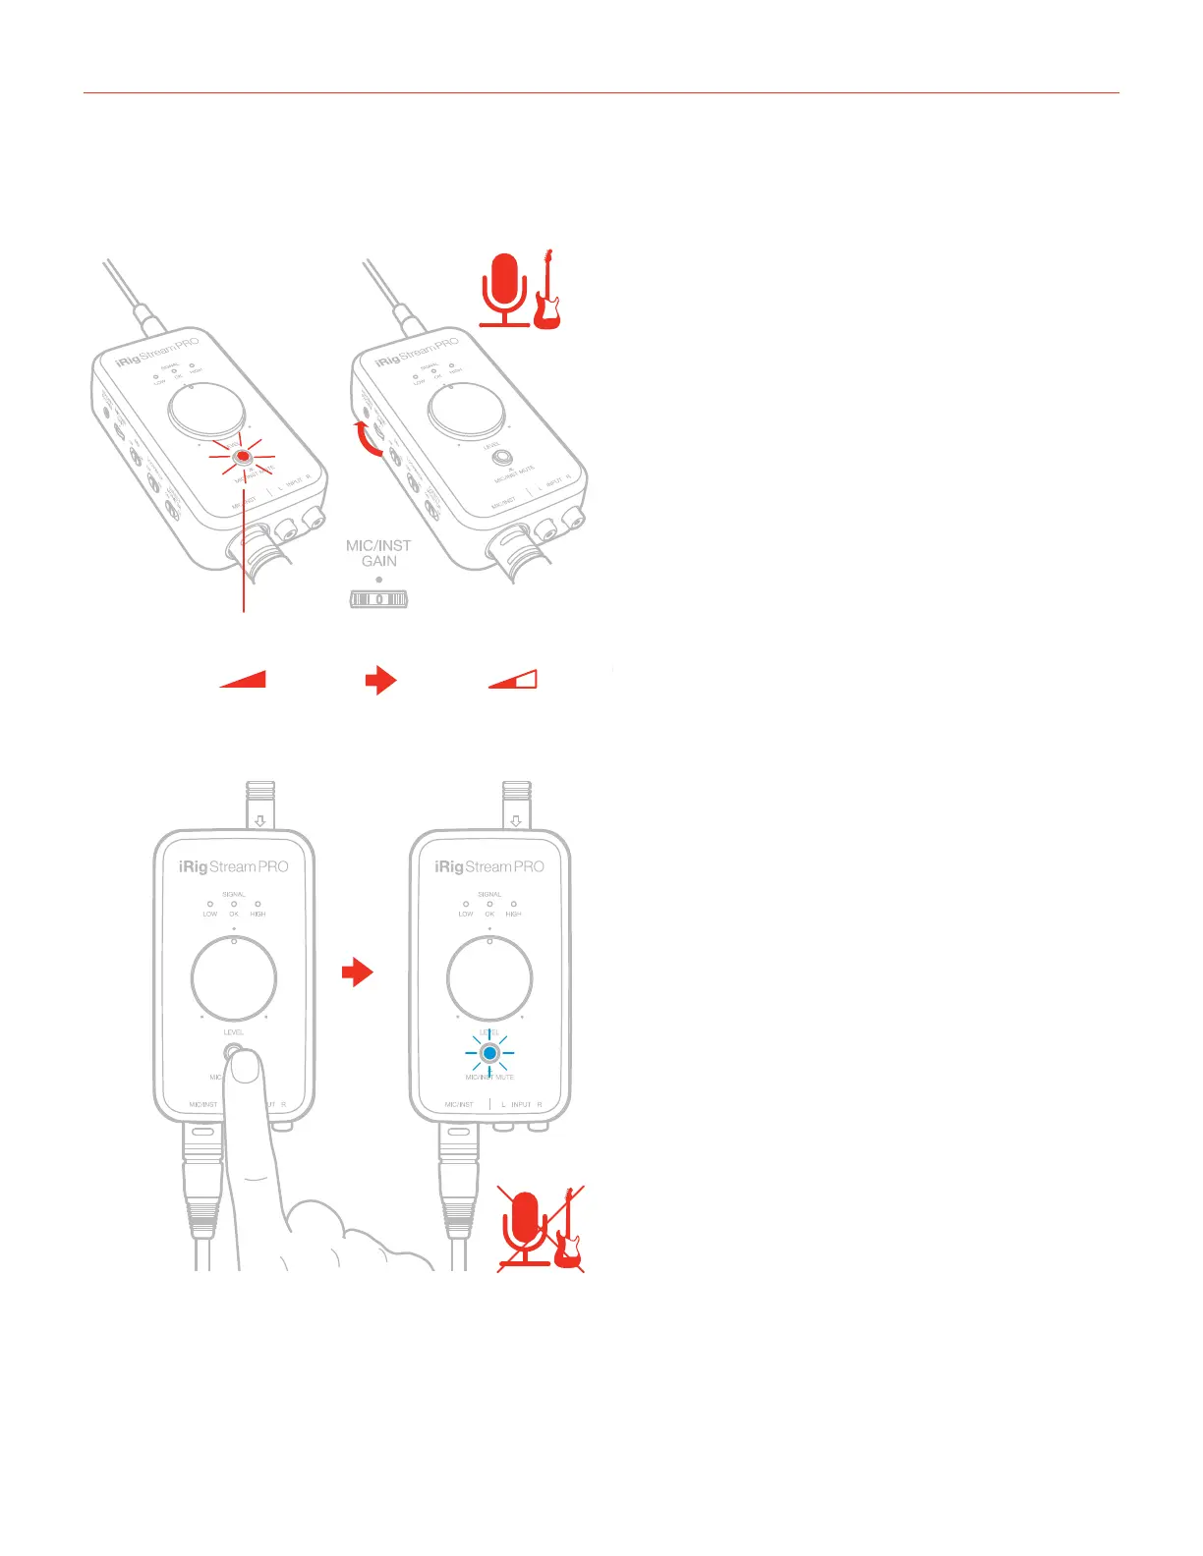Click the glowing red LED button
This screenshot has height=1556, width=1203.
[x=242, y=458]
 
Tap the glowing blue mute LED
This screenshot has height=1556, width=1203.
[x=489, y=1053]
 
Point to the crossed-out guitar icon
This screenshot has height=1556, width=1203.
[x=569, y=1242]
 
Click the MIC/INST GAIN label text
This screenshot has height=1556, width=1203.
[x=378, y=553]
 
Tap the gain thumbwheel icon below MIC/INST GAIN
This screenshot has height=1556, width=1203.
[x=379, y=598]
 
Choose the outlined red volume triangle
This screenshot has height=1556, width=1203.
[x=515, y=680]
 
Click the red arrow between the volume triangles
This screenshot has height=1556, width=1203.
[x=380, y=680]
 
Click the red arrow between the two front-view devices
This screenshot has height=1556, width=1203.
[x=358, y=973]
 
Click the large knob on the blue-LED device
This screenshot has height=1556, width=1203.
[x=489, y=978]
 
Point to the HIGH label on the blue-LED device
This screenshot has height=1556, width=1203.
[x=513, y=914]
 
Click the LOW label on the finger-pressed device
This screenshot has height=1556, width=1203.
[x=210, y=914]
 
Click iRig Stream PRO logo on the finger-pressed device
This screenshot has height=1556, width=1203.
[x=234, y=866]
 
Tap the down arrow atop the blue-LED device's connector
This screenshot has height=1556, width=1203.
[x=516, y=819]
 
